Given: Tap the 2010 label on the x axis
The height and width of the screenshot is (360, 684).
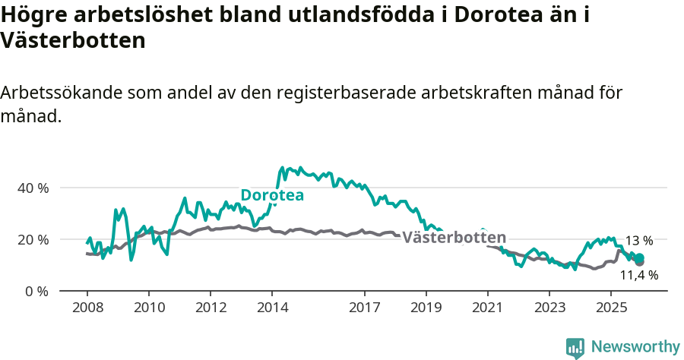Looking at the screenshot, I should pyautogui.click(x=148, y=308).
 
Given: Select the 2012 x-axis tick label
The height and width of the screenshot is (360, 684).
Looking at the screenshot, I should pyautogui.click(x=211, y=308).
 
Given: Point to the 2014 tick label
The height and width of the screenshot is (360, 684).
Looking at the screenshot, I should pyautogui.click(x=272, y=308).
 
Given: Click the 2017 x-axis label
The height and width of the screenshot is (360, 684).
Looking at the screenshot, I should pyautogui.click(x=365, y=308).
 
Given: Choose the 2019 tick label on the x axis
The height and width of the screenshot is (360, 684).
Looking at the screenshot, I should pyautogui.click(x=426, y=308).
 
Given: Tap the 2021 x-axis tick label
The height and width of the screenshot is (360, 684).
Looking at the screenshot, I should pyautogui.click(x=488, y=308).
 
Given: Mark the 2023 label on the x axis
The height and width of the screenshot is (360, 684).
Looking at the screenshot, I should pyautogui.click(x=550, y=308).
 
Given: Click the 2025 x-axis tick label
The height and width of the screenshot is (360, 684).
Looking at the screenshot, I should pyautogui.click(x=612, y=308).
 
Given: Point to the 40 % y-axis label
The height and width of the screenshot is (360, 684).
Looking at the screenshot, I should pyautogui.click(x=33, y=188).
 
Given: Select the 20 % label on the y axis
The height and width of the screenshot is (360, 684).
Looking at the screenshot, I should pyautogui.click(x=33, y=239).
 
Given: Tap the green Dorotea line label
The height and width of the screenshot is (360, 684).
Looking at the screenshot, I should pyautogui.click(x=272, y=195).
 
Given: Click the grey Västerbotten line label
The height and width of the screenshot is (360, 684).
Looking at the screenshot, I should pyautogui.click(x=454, y=238).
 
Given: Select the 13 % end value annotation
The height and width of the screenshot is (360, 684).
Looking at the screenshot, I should pyautogui.click(x=638, y=241).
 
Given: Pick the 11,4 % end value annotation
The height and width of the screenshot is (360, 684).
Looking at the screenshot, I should pyautogui.click(x=639, y=275).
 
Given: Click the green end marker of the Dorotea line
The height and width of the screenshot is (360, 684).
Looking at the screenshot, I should pyautogui.click(x=639, y=258).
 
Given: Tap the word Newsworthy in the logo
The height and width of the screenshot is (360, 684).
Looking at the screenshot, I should pyautogui.click(x=635, y=347).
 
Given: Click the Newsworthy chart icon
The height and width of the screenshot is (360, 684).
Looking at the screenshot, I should pyautogui.click(x=575, y=348).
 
